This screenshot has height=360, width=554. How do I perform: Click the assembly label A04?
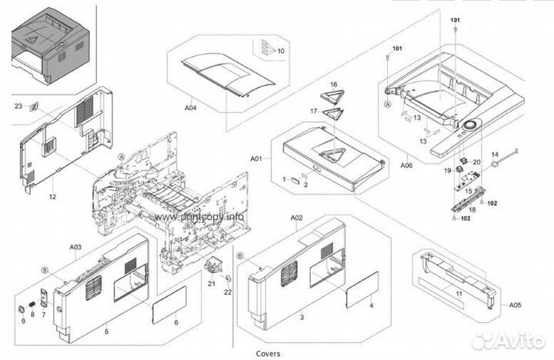191,108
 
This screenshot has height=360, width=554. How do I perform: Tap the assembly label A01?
257,159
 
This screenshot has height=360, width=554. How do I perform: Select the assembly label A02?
297,218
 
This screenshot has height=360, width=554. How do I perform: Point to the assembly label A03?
75,247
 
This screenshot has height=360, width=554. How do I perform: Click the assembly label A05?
514,305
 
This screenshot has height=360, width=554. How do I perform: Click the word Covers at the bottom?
269,353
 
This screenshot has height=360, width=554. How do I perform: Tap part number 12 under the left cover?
52,198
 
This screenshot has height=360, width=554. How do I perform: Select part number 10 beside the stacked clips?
281,51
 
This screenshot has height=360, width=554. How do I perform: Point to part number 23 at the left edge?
18,106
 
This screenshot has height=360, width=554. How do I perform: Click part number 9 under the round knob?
22,321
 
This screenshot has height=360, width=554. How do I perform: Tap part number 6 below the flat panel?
175,322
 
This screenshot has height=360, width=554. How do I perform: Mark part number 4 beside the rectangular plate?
372,305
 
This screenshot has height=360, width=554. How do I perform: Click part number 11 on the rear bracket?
459,294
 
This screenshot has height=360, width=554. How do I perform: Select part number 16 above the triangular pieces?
333,83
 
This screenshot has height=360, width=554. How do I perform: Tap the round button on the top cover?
469,124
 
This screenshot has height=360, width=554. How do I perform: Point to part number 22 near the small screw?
228,292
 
